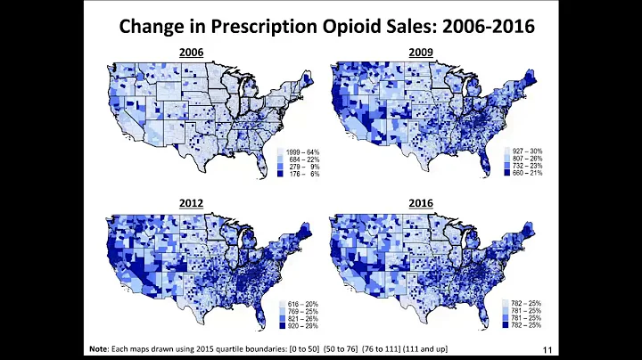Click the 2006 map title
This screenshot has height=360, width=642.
tap(191, 53)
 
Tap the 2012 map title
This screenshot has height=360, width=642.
tap(191, 203)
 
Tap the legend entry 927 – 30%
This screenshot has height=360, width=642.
tap(531, 151)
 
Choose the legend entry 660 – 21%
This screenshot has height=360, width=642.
tap(531, 174)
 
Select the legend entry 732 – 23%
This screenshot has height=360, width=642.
tap(531, 166)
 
